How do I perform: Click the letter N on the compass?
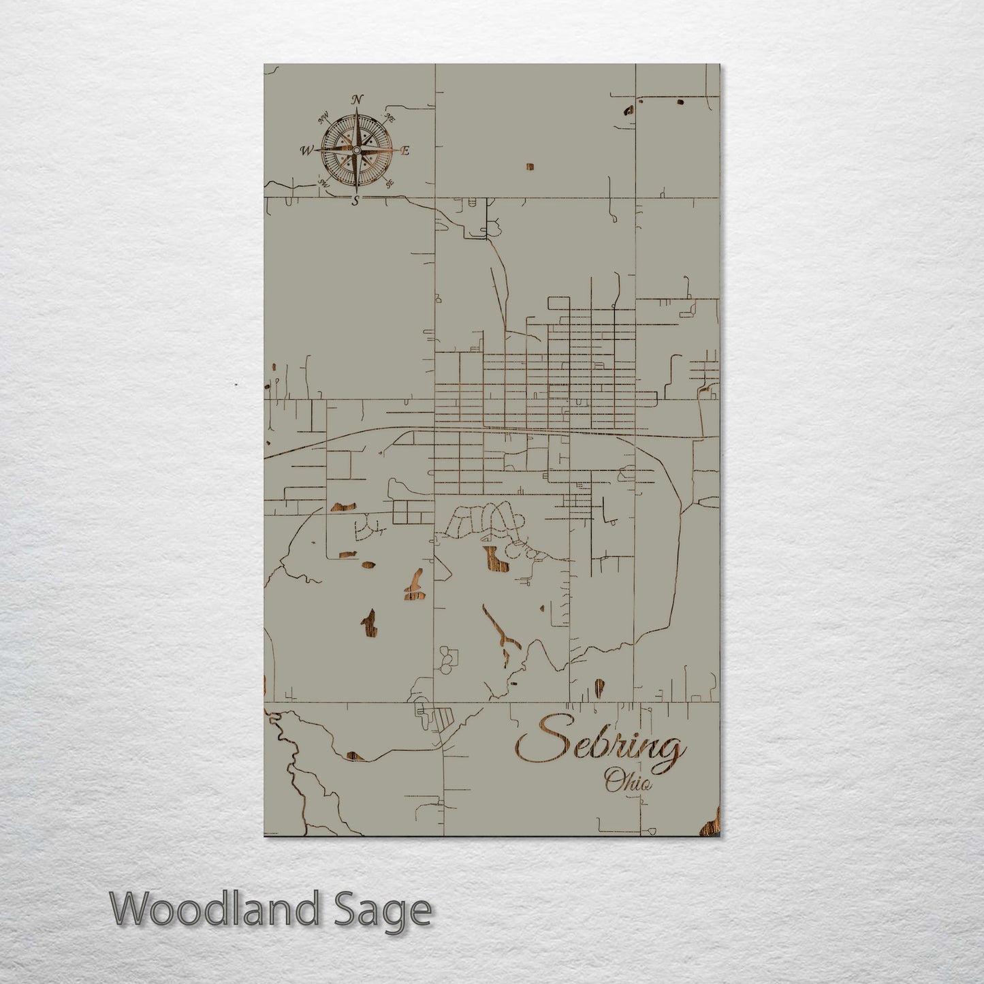(357, 99)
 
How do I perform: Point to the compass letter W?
(306, 150)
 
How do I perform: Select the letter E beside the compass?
(404, 151)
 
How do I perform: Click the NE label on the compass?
(390, 118)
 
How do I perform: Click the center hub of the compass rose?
(355, 150)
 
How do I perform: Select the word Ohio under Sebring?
(628, 780)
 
